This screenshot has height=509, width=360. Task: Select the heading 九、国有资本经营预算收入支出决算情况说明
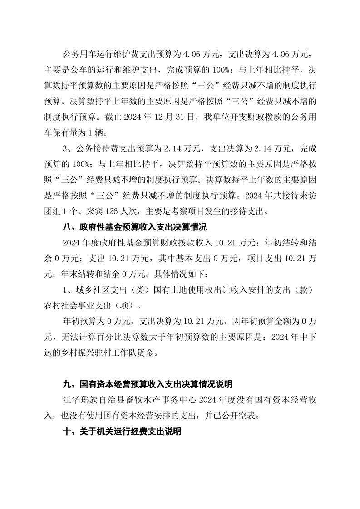(147, 385)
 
